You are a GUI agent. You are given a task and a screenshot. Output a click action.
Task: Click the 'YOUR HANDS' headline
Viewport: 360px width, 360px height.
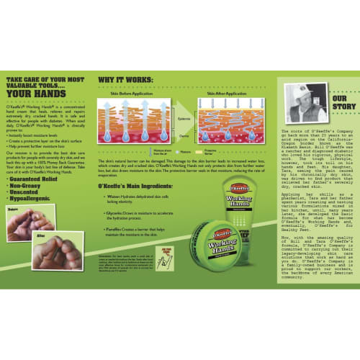(42, 92)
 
